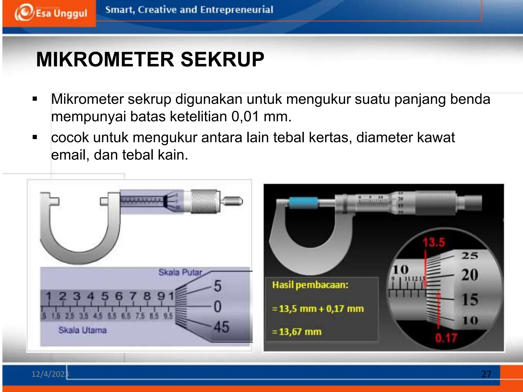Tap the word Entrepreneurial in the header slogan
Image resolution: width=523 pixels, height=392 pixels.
click(x=236, y=10)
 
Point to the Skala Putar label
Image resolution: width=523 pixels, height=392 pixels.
click(x=180, y=272)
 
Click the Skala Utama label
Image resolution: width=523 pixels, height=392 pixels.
click(x=82, y=330)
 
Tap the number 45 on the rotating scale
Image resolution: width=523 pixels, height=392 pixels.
click(x=221, y=327)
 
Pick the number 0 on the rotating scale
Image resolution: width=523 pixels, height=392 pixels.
click(x=217, y=306)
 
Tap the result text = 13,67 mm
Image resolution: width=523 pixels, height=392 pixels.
click(x=297, y=332)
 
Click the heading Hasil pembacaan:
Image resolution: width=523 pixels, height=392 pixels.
click(x=310, y=285)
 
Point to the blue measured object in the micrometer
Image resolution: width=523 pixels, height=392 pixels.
click(x=303, y=203)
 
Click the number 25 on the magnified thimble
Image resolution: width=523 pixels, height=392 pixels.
click(x=469, y=255)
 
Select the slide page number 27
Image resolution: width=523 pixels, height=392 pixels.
click(x=486, y=374)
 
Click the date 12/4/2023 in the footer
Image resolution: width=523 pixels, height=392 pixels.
click(x=50, y=374)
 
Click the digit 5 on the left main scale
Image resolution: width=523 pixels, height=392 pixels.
click(x=105, y=296)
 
